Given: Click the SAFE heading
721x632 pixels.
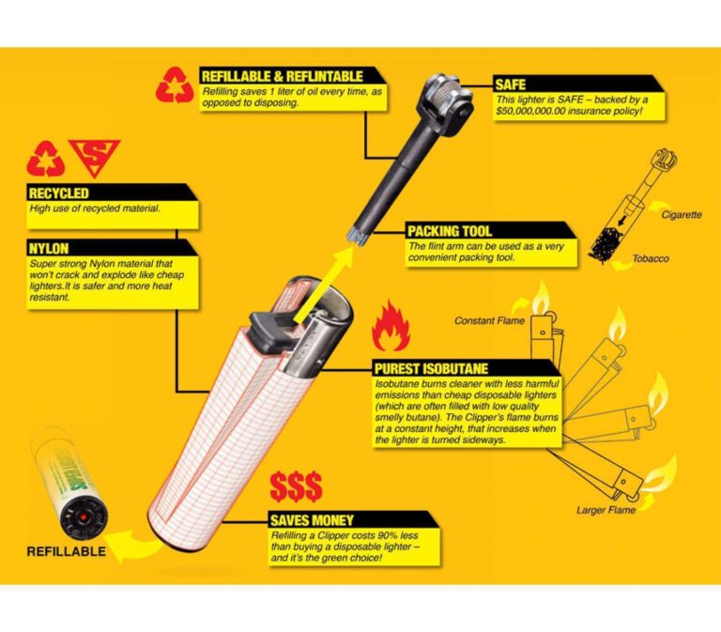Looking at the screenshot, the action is click(510, 85).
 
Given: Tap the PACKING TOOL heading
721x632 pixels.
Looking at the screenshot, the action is click(450, 231).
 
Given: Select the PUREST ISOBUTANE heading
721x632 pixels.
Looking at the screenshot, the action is click(431, 369).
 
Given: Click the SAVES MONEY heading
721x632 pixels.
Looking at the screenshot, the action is click(312, 520).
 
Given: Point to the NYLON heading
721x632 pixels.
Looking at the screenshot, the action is click(48, 249).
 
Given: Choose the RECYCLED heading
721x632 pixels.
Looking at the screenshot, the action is click(58, 193).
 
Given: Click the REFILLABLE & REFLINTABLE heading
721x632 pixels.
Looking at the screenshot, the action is click(283, 76).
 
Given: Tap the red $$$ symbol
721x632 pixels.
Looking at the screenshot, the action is click(296, 486).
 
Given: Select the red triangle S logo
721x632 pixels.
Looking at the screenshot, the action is click(94, 157).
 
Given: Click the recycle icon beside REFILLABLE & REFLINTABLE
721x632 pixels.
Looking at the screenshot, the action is click(175, 85).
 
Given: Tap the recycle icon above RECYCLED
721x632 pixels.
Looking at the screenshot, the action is click(45, 159).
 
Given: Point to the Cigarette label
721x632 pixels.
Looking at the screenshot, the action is click(682, 215).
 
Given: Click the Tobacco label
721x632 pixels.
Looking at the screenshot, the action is click(651, 258).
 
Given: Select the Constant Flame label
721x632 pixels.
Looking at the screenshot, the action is click(489, 320).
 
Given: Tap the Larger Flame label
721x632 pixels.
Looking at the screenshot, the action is click(606, 510).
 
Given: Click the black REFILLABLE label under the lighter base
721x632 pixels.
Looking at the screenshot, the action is click(67, 551).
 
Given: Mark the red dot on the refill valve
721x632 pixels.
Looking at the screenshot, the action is click(84, 518).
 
